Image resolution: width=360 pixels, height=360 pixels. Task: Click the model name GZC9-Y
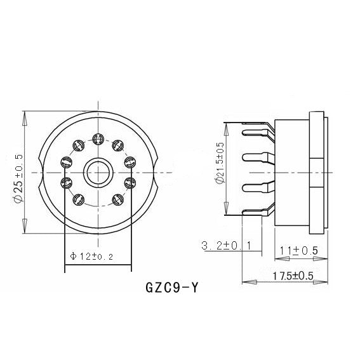pos(171,287)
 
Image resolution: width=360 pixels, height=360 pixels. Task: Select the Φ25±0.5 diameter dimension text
pos(18,178)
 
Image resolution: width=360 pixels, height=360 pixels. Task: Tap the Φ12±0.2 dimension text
pos(91,257)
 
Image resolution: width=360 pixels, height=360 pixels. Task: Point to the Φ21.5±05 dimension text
pos(220,163)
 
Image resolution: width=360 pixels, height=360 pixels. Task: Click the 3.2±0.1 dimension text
pos(227,245)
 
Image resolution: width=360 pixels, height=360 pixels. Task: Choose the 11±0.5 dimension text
pos(298,251)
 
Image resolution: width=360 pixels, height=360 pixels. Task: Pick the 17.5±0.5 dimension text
pos(293,276)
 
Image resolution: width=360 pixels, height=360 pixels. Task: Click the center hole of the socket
pos(98,173)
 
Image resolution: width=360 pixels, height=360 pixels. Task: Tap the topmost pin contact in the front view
pos(98,138)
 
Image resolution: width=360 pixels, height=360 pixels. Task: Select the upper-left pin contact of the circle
pos(79,145)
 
